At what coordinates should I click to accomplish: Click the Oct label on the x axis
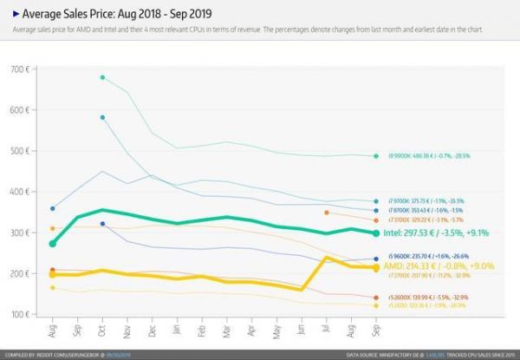click(103, 333)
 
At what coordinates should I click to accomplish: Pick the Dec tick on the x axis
click(153, 333)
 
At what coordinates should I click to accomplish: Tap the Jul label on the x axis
click(326, 332)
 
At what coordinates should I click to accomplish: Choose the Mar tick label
click(227, 333)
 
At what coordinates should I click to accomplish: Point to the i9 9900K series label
click(425, 156)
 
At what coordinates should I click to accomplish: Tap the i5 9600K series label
click(425, 258)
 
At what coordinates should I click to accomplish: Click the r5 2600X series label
click(425, 298)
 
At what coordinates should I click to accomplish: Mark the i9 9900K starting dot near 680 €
click(102, 77)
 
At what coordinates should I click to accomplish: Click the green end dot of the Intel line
click(375, 233)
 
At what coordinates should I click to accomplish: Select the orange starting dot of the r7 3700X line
click(326, 213)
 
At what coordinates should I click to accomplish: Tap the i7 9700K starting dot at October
click(102, 117)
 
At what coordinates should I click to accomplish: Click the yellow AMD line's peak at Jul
click(326, 258)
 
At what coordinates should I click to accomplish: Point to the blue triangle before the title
click(16, 14)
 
